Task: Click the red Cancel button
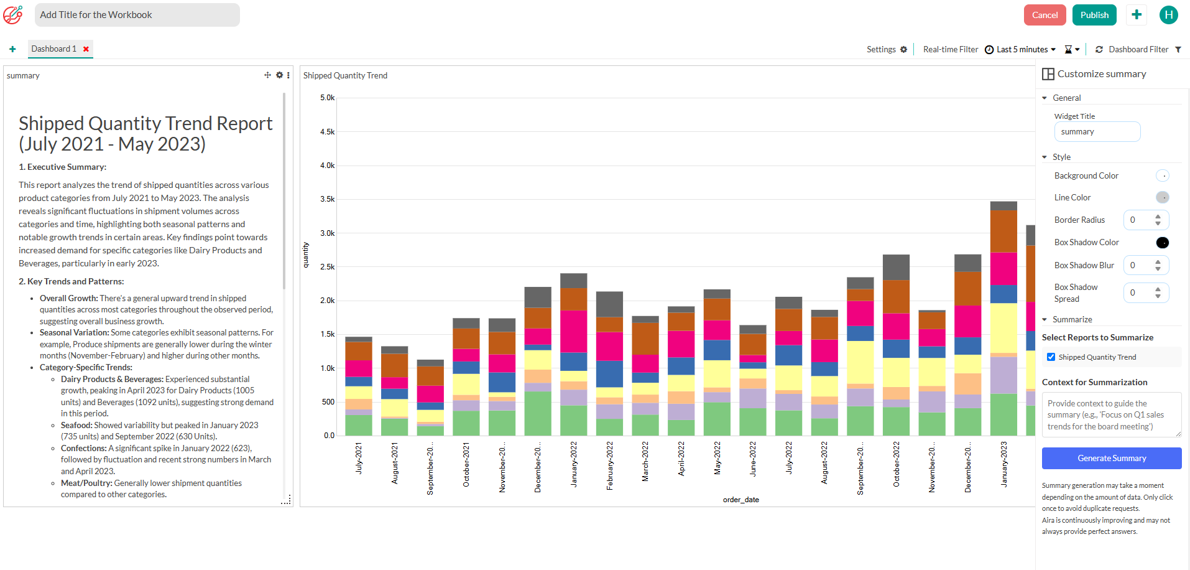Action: click(1045, 15)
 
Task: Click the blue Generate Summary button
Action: click(1111, 458)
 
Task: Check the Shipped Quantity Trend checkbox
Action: click(1051, 357)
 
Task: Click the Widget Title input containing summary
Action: click(1097, 132)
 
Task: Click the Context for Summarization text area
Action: click(1111, 414)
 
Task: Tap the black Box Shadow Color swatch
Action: click(1162, 243)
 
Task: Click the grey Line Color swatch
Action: click(1162, 197)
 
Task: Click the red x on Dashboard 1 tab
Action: click(86, 49)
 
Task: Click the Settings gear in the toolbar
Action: click(903, 49)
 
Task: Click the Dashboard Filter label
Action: click(1138, 49)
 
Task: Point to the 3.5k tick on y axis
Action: click(327, 199)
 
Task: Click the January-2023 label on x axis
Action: click(1003, 464)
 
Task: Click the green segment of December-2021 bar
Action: click(538, 413)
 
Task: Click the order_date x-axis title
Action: click(740, 500)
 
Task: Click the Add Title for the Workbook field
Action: click(137, 15)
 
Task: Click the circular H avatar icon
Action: click(1168, 15)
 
